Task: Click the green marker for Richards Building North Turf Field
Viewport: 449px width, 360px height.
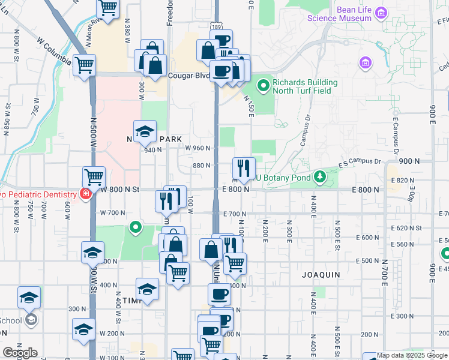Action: pos(263,87)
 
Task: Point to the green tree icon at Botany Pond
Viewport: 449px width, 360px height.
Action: pos(321,177)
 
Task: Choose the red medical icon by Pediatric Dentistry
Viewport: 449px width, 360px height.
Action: pos(86,194)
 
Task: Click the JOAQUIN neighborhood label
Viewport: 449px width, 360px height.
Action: pos(320,275)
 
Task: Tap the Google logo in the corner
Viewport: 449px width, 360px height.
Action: pos(20,353)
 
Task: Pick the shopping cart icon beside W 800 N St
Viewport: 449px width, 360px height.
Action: pos(94,177)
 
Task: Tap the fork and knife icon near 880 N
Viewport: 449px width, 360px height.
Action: pos(244,168)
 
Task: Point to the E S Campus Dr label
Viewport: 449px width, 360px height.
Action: pos(360,163)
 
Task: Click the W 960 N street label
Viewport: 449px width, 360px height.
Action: pos(197,148)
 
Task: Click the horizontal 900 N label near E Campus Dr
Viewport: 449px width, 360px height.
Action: pos(408,161)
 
